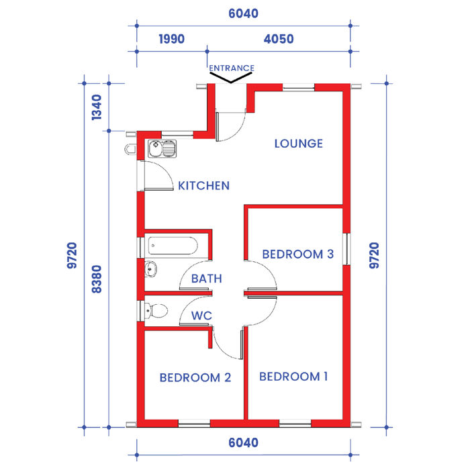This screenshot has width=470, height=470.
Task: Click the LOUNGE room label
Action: pos(299,144)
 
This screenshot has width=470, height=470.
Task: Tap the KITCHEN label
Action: pos(204,186)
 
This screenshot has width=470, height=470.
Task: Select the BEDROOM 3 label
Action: pos(297,254)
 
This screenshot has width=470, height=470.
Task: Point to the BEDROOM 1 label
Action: pos(293,377)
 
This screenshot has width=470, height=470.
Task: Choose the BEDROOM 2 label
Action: pos(195,377)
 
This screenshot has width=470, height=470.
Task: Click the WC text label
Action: pos(201,316)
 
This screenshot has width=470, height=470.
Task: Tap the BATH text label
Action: pos(207,279)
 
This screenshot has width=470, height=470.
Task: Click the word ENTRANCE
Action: pos(232,68)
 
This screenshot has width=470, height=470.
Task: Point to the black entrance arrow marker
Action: pos(231,79)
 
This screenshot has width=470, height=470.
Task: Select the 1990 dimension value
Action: pos(171,39)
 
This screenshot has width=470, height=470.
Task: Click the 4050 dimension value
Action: pos(279,39)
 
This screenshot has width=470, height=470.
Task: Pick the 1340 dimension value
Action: pos(97,107)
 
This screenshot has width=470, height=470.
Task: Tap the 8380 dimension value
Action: pos(97,279)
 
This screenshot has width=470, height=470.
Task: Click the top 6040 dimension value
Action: pos(243,13)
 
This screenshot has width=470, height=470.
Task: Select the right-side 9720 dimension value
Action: pos(374,255)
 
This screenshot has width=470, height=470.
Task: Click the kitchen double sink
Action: pos(162,148)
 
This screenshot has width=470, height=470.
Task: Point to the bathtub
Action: pos(173,246)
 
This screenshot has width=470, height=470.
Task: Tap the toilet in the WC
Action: pos(156,310)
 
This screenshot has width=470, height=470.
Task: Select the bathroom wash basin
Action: pos(150,269)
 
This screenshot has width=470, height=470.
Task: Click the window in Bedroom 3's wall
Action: pos(346,249)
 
